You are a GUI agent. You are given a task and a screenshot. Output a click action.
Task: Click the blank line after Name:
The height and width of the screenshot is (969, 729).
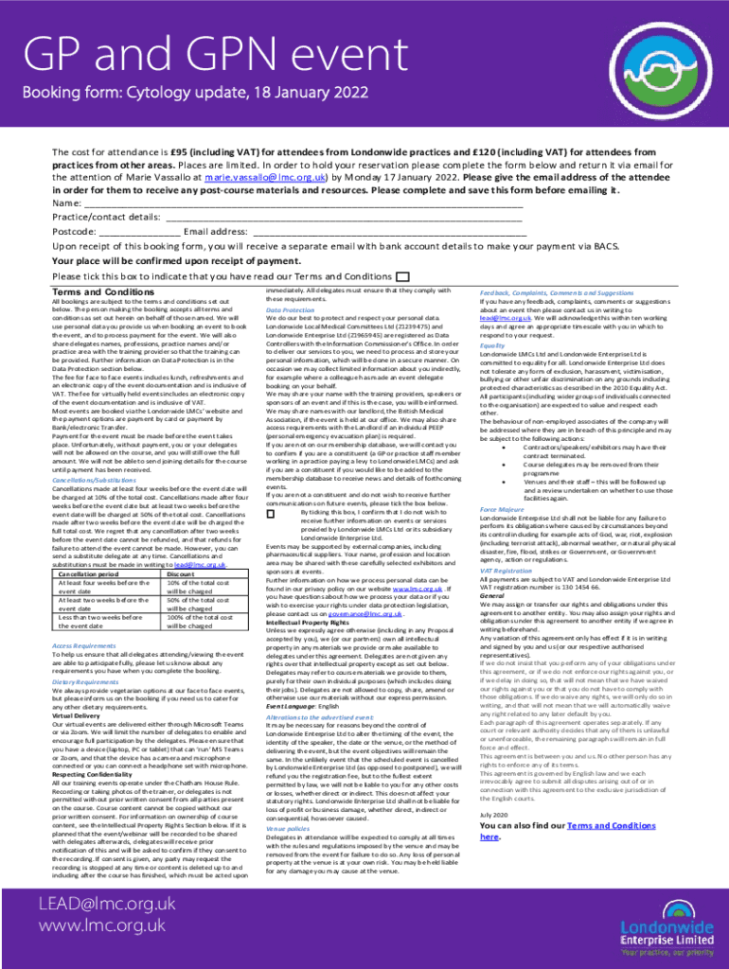(x=303, y=203)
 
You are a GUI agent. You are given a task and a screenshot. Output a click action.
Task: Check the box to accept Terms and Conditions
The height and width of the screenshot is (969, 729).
(x=403, y=276)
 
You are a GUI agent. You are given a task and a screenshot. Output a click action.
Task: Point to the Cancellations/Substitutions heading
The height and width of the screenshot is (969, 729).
(x=100, y=479)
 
